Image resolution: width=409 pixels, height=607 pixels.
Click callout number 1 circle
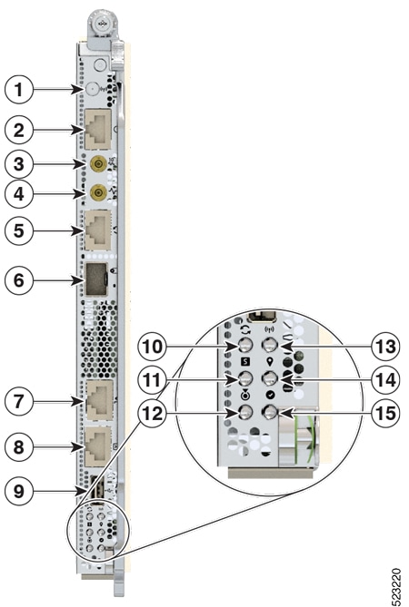pyautogui.click(x=18, y=90)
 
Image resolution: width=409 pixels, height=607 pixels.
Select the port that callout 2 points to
pyautogui.click(x=98, y=129)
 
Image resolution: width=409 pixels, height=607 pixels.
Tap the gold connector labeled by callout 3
pyautogui.click(x=97, y=164)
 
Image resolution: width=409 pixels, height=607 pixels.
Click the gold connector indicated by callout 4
pyautogui.click(x=97, y=192)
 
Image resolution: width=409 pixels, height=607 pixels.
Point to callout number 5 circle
pyautogui.click(x=18, y=230)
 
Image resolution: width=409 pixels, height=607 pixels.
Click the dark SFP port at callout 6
pyautogui.click(x=95, y=280)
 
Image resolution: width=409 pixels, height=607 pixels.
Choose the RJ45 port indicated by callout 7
pyautogui.click(x=99, y=400)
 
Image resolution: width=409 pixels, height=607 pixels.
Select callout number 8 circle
pyautogui.click(x=18, y=447)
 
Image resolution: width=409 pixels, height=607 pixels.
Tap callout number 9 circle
pyautogui.click(x=18, y=491)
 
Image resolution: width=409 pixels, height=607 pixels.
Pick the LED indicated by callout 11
pyautogui.click(x=245, y=378)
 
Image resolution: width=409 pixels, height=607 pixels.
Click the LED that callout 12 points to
pyautogui.click(x=245, y=412)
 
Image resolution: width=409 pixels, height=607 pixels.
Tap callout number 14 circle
pyautogui.click(x=385, y=379)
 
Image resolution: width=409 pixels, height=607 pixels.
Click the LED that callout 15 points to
pyautogui.click(x=270, y=412)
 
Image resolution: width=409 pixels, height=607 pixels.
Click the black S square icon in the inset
pyautogui.click(x=245, y=361)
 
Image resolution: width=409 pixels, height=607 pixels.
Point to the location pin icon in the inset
pyautogui.click(x=270, y=361)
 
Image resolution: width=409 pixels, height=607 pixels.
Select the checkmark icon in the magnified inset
pyautogui.click(x=270, y=396)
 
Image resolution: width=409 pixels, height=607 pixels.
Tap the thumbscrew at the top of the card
pyautogui.click(x=103, y=24)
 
